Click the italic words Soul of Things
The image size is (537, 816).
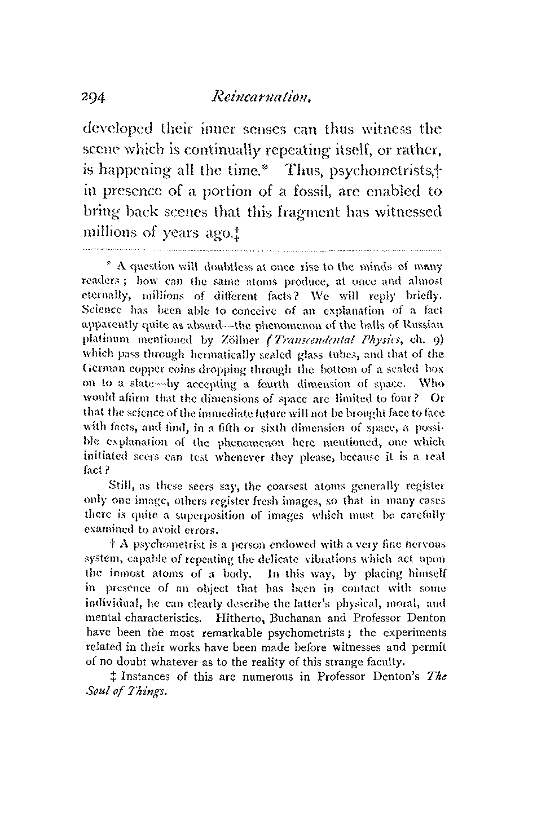point(125,691)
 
